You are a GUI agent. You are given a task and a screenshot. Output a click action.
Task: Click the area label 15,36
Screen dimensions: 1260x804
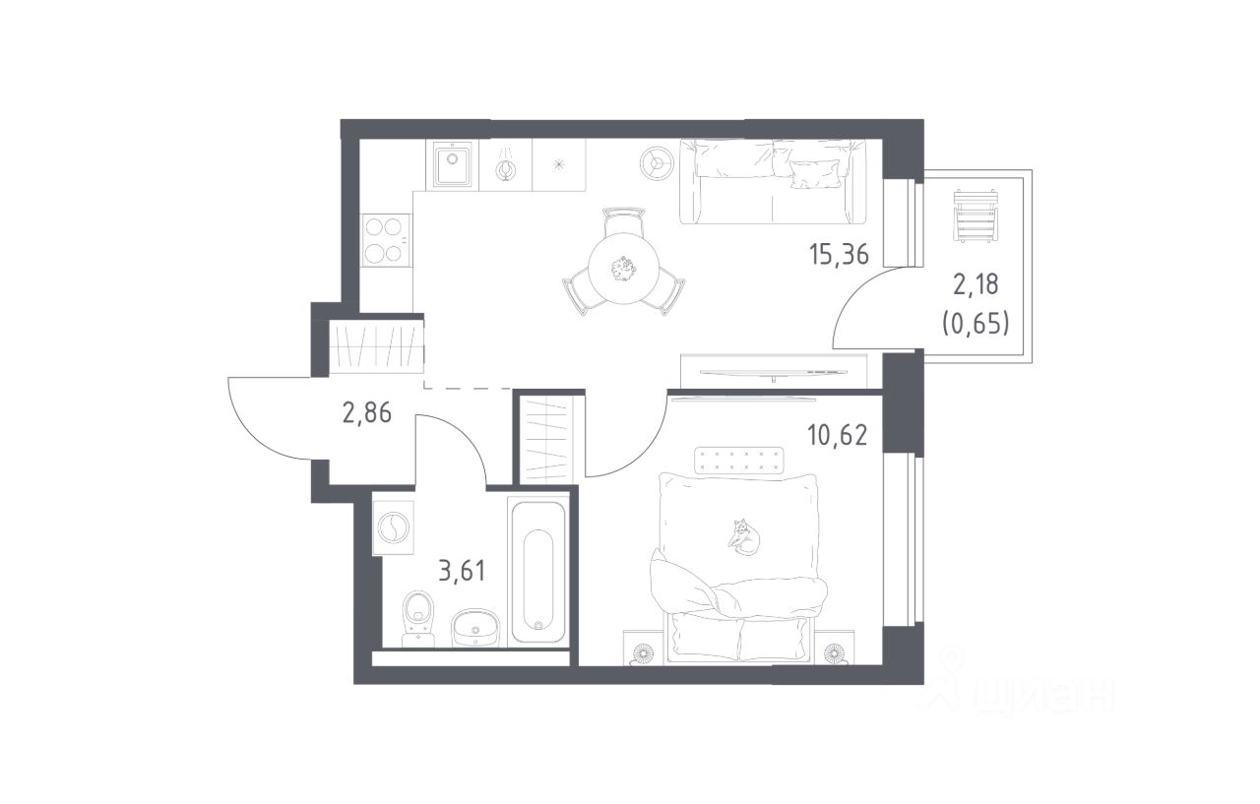pyautogui.click(x=839, y=255)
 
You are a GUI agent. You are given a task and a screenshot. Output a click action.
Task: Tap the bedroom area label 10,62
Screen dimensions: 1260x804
pyautogui.click(x=838, y=435)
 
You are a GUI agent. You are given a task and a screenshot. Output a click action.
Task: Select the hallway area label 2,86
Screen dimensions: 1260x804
pyautogui.click(x=367, y=413)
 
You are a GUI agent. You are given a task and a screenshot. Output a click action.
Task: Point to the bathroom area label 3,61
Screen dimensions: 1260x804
pyautogui.click(x=462, y=571)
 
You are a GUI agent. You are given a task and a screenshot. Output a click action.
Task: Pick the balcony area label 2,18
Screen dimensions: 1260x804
pyautogui.click(x=976, y=284)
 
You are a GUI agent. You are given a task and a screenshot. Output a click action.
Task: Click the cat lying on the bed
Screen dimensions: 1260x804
pyautogui.click(x=743, y=537)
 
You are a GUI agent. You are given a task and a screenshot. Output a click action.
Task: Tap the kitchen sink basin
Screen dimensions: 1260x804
pyautogui.click(x=452, y=165)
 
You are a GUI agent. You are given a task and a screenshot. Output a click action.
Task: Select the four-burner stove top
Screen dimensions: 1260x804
pyautogui.click(x=386, y=241)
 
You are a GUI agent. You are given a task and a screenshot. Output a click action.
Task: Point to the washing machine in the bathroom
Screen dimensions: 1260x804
pyautogui.click(x=393, y=527)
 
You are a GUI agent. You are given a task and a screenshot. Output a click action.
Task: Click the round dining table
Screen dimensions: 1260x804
pyautogui.click(x=624, y=269)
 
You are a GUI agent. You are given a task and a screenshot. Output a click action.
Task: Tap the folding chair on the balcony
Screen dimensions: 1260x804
pyautogui.click(x=976, y=216)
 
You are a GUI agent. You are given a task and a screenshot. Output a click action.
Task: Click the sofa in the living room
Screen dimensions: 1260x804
pyautogui.click(x=773, y=181)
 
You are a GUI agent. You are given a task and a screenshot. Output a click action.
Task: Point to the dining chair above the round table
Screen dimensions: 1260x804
pyautogui.click(x=623, y=221)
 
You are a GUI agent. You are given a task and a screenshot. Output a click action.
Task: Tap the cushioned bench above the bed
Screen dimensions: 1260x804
pyautogui.click(x=739, y=461)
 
